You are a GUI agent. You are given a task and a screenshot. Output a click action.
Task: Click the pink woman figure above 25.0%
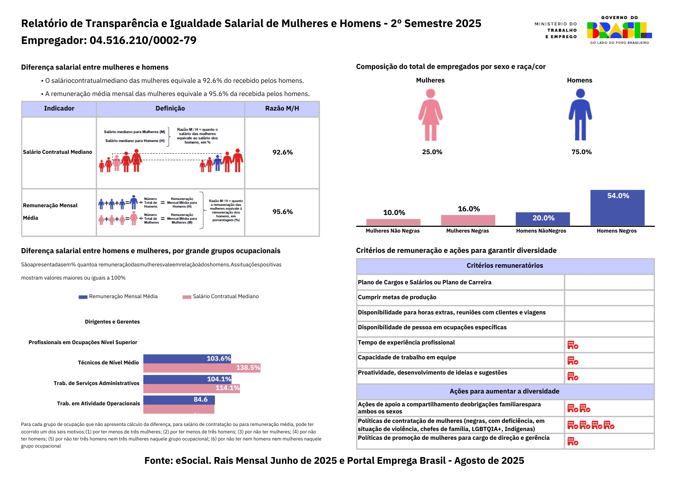click(x=430, y=115)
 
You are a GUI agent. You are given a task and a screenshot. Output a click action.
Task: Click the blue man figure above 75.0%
click(x=580, y=115)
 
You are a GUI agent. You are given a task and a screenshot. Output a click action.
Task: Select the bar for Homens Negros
click(x=617, y=208)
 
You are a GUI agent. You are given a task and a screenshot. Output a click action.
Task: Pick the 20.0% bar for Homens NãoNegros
click(x=542, y=219)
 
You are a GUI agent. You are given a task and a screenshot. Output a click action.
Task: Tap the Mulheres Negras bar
click(x=468, y=220)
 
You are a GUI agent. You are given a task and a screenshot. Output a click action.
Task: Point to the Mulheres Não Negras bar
click(x=393, y=222)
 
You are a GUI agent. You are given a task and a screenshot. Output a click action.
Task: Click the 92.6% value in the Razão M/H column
click(x=283, y=152)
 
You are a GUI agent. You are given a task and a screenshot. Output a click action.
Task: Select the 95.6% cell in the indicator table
click(x=283, y=212)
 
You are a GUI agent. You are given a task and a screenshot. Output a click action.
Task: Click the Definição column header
click(x=170, y=109)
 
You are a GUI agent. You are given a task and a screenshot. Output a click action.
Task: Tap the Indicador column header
click(x=59, y=109)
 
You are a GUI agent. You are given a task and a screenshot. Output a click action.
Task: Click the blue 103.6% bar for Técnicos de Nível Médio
click(x=187, y=359)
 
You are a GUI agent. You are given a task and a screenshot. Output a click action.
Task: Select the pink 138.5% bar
click(x=202, y=368)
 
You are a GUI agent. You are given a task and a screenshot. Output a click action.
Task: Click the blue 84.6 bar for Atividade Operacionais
click(x=179, y=400)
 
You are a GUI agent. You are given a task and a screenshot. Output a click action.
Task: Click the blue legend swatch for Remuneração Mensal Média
click(x=83, y=297)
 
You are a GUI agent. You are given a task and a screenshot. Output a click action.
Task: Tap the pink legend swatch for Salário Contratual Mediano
click(x=187, y=297)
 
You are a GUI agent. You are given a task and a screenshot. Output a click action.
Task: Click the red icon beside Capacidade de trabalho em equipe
click(x=573, y=361)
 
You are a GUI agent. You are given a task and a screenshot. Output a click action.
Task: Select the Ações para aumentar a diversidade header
click(x=504, y=391)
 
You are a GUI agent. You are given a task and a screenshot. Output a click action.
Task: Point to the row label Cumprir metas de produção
click(x=397, y=297)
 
